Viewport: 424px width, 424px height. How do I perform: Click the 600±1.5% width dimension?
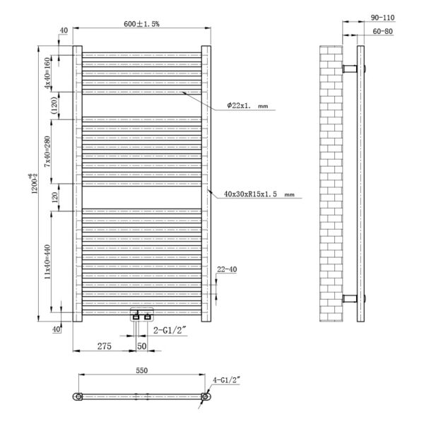point(141,24)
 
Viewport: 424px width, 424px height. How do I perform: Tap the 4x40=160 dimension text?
point(47,73)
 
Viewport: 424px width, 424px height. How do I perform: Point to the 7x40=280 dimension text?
point(47,151)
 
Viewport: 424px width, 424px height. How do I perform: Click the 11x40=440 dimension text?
point(47,261)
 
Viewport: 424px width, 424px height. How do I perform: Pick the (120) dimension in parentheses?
point(54,105)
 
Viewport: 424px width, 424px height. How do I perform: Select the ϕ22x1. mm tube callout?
point(247,105)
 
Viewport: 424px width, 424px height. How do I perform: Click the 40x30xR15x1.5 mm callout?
point(259,194)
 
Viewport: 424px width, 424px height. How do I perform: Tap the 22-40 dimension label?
point(227,269)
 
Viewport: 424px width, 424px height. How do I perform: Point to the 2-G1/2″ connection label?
point(170,330)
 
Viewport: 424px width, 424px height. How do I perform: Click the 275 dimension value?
point(105,346)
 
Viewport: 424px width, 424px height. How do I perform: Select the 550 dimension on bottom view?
point(142,370)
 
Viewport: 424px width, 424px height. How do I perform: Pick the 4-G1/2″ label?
point(226,380)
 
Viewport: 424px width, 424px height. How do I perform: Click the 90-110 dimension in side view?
point(382,18)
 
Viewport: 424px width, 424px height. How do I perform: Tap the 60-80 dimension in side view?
point(382,31)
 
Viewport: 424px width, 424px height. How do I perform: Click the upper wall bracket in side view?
point(350,69)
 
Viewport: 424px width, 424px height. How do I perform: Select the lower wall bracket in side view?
point(350,298)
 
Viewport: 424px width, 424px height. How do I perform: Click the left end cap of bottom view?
point(78,396)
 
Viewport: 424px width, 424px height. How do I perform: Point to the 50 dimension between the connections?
point(142,346)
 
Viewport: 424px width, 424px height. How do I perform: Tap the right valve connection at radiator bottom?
point(148,317)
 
